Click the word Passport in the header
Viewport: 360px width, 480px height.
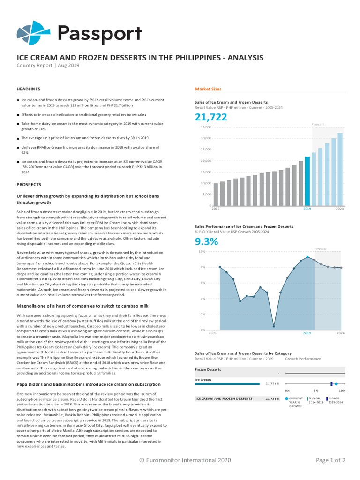click(99, 33)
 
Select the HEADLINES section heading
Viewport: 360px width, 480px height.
click(29, 89)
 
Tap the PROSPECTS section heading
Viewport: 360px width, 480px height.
click(29, 184)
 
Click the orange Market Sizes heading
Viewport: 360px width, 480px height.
click(208, 89)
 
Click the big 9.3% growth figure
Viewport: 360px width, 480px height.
click(205, 242)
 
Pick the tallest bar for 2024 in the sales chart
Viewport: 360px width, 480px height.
click(340, 169)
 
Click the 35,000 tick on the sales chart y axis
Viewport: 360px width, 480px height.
click(206, 127)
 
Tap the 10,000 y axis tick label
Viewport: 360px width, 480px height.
click(206, 183)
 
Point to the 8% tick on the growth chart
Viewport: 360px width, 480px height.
click(202, 267)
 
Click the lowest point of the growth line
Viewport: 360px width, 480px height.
click(274, 326)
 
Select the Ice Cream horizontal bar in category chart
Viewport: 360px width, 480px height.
click(227, 383)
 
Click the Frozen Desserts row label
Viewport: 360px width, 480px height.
click(208, 369)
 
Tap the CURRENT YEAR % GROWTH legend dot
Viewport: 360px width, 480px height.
click(286, 398)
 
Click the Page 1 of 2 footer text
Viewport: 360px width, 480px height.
click(330, 460)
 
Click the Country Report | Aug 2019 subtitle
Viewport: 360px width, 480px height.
click(48, 66)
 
